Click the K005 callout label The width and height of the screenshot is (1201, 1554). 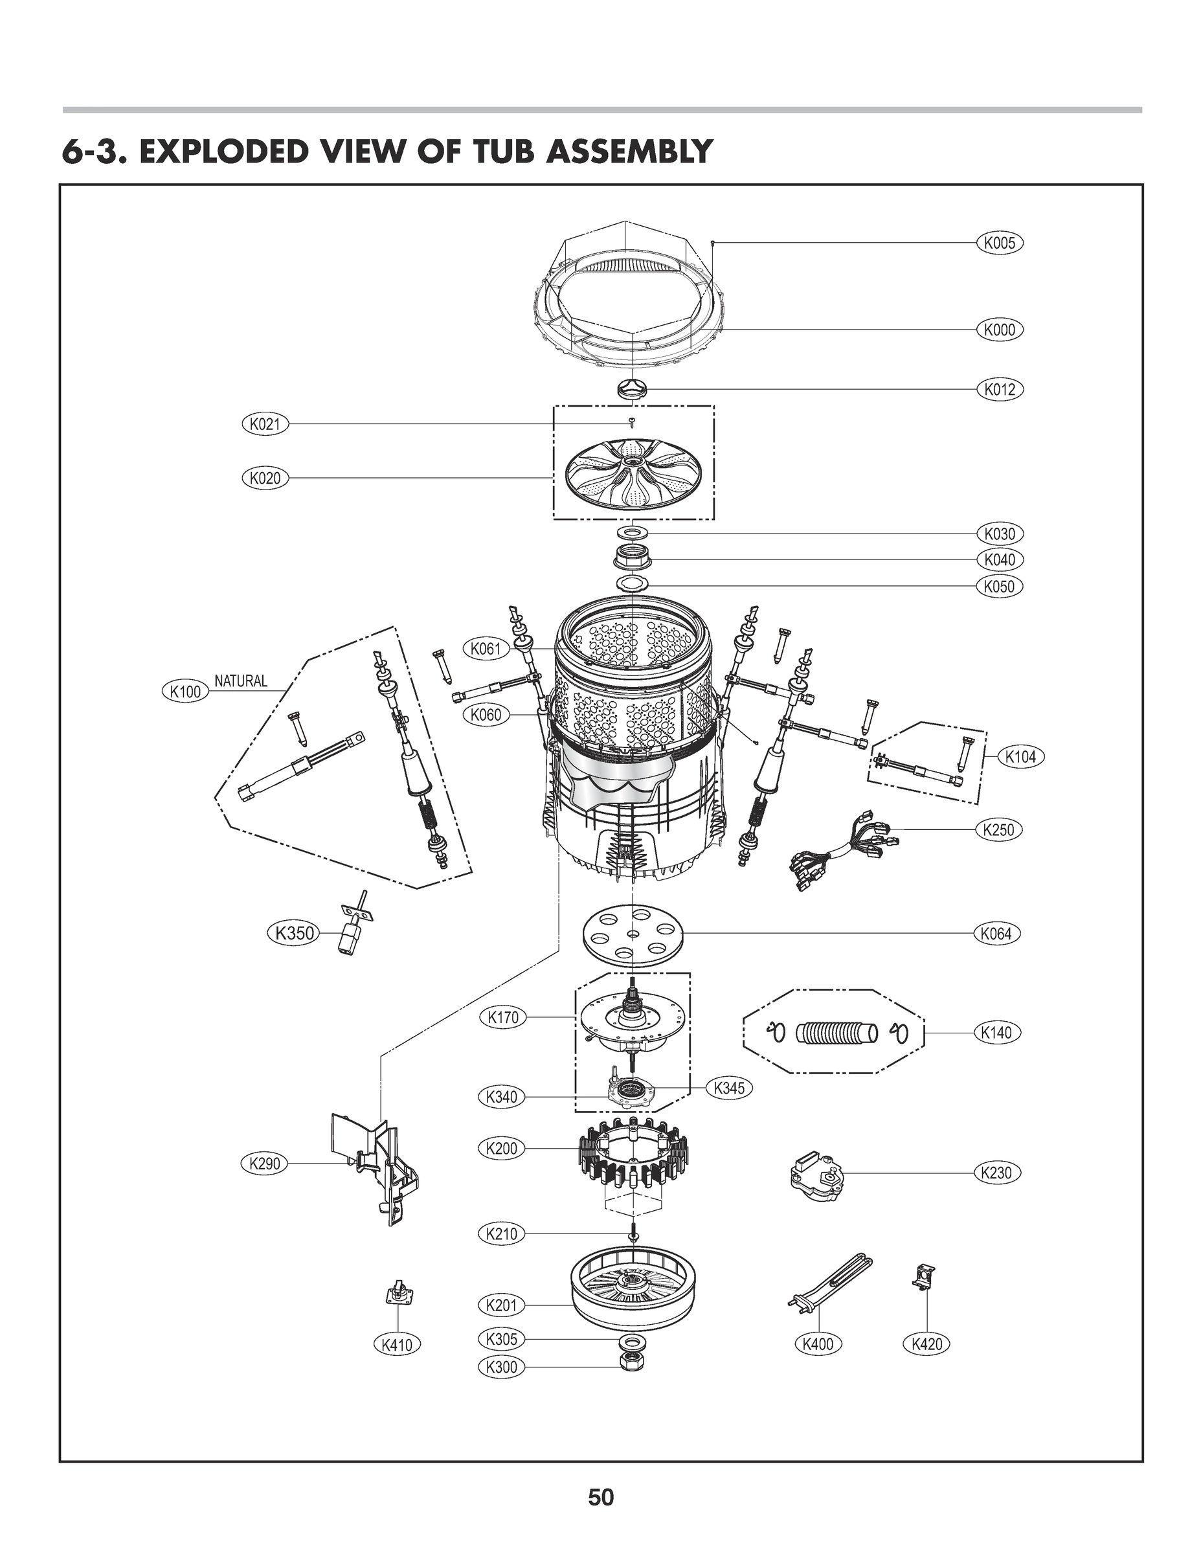click(x=999, y=243)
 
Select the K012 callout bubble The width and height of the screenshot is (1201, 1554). click(x=999, y=389)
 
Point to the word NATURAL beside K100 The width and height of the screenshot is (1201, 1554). click(x=241, y=681)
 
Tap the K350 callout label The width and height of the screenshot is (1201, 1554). click(x=294, y=932)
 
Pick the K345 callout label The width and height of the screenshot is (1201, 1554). click(x=728, y=1087)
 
